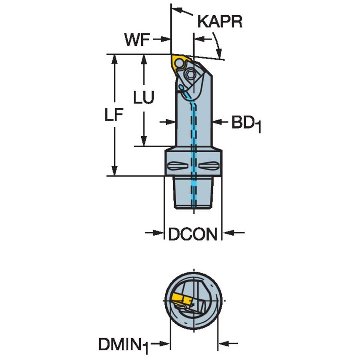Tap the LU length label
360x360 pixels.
click(x=144, y=97)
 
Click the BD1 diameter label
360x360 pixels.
click(x=246, y=124)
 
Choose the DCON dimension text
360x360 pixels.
click(x=193, y=234)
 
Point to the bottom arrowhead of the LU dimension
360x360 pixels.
click(x=144, y=141)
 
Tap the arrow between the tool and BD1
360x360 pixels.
click(x=218, y=122)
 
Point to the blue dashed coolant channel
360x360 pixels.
click(x=193, y=126)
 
